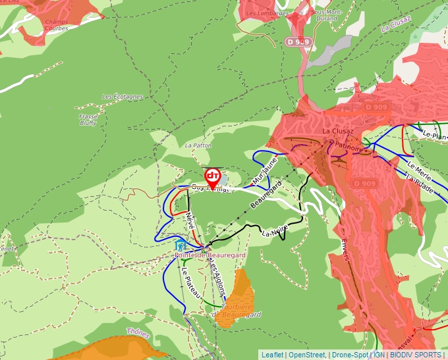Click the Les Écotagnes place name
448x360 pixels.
pos(122,97)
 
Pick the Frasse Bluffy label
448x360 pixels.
pos(88,120)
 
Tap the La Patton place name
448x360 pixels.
pos(198,145)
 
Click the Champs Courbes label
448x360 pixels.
pos(57,26)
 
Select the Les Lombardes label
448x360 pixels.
pos(267,13)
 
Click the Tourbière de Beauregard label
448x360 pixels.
pos(236,311)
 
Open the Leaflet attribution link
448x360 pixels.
pos(272,355)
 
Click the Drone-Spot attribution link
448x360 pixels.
pos(349,355)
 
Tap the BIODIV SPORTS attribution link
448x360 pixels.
pos(415,355)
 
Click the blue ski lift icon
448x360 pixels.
pos(180,245)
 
